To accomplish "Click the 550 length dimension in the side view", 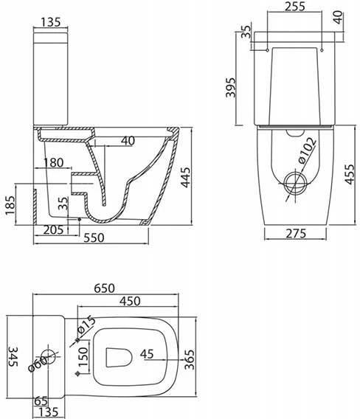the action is click(x=94, y=238).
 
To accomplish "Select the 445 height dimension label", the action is click(x=185, y=177).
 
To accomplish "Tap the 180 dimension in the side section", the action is click(x=53, y=162).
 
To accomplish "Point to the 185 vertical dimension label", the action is click(x=10, y=206).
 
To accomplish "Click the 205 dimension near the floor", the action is click(x=53, y=230).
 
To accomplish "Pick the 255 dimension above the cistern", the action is click(x=295, y=7).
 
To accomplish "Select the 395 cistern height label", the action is click(x=230, y=87).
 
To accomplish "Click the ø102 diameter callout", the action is click(x=307, y=150).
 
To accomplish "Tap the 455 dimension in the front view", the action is click(x=350, y=174).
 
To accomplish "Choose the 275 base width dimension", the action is click(x=296, y=233).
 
